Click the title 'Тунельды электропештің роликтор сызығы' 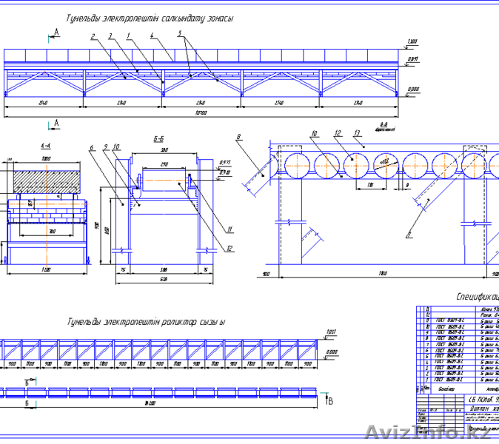[146, 322]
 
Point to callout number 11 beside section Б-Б [230, 229]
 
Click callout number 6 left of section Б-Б [92, 148]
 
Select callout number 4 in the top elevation [151, 35]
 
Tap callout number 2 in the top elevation [93, 36]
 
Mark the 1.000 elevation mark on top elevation [412, 41]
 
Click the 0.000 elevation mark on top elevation [412, 90]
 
